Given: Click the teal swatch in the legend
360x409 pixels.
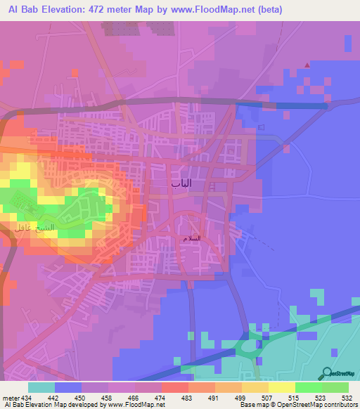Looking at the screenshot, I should (x=41, y=387).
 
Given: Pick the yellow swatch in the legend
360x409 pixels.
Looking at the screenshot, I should (x=281, y=387).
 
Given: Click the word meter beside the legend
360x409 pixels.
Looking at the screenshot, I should (x=10, y=397).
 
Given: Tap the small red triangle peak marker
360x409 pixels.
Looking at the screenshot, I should (x=307, y=65).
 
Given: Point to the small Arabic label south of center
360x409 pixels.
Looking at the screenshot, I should (x=191, y=238).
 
